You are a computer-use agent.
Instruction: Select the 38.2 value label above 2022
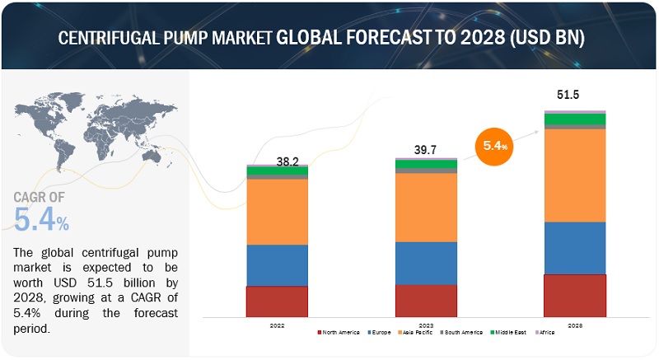286,163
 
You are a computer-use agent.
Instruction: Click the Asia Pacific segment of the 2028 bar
575,175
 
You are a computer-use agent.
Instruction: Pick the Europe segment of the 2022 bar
277,265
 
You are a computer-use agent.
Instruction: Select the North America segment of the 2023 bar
426,301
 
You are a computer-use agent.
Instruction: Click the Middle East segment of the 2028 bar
575,119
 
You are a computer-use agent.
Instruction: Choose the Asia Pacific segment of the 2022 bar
277,212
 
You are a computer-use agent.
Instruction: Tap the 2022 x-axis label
277,325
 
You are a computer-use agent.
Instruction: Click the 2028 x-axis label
575,325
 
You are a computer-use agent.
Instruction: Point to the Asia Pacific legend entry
416,332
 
